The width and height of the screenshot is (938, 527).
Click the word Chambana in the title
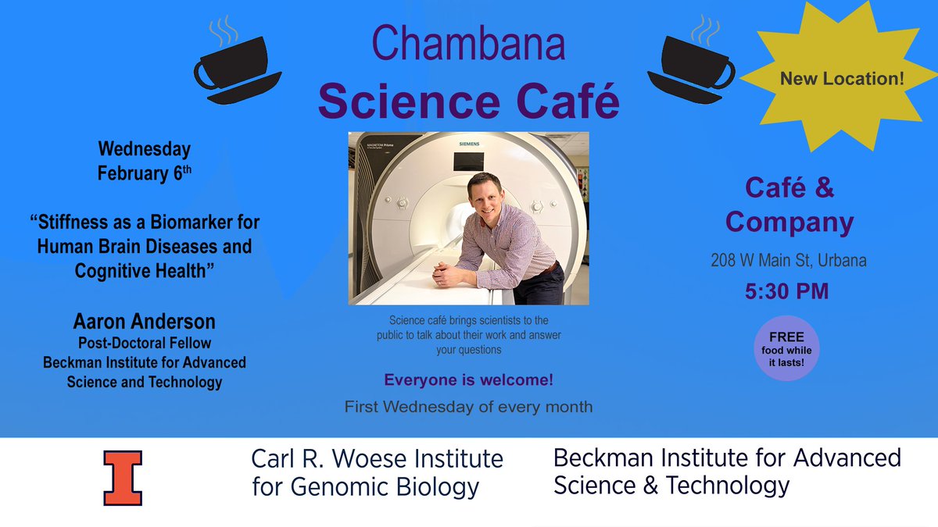[x=467, y=45]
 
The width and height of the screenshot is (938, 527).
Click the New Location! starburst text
[x=837, y=78]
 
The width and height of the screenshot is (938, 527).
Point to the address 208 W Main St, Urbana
[x=788, y=261]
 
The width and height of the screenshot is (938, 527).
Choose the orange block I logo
[x=123, y=477]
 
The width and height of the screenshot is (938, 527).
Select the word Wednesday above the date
[x=144, y=148]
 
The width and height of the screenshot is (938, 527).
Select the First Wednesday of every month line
[x=468, y=407]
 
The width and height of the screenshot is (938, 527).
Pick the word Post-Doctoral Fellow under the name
[x=144, y=344]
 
